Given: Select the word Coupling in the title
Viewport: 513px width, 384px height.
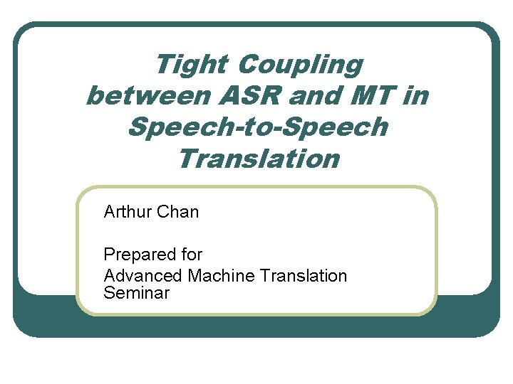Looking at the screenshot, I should coord(300,65).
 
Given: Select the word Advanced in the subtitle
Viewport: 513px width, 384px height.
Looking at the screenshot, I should coord(142,275).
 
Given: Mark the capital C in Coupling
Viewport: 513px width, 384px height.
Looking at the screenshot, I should coord(248,65).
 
